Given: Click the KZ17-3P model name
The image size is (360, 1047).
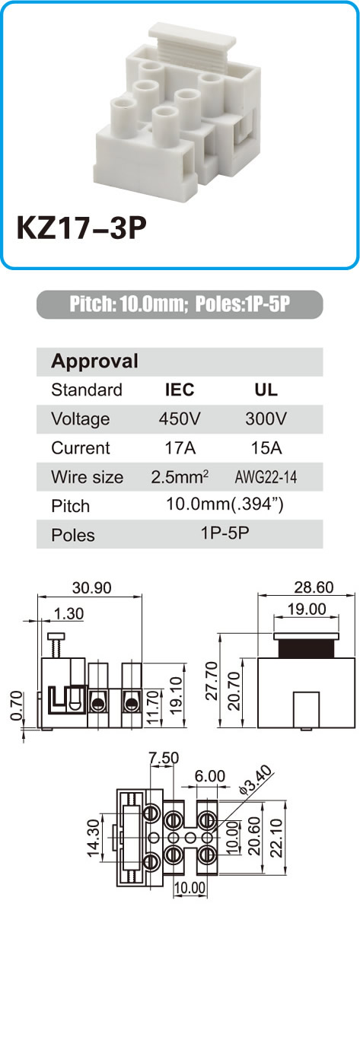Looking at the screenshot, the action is (x=81, y=228).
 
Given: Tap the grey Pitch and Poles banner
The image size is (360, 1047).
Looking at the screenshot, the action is (x=180, y=304).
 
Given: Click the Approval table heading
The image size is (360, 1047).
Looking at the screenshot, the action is (x=94, y=361).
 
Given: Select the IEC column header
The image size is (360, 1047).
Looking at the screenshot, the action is (x=180, y=390).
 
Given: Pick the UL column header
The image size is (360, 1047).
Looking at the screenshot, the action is (x=266, y=390).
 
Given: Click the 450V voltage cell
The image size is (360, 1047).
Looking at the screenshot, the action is (x=180, y=418).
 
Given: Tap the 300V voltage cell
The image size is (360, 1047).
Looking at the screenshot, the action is (x=266, y=418).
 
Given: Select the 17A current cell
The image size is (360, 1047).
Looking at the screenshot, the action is (x=180, y=447).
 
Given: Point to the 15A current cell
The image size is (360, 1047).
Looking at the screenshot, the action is (x=266, y=447).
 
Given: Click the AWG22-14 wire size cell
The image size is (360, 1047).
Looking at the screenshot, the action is (x=266, y=477).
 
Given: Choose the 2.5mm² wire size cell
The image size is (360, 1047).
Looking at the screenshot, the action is (x=180, y=476).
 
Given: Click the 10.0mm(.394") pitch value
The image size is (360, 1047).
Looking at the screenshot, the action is (x=225, y=504).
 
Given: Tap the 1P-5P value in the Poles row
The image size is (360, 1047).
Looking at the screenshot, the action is (x=225, y=533).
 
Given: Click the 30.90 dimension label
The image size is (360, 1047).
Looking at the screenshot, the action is (x=91, y=587).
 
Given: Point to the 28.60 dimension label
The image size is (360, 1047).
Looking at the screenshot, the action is (x=314, y=587).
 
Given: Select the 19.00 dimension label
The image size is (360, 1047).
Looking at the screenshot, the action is (x=307, y=609).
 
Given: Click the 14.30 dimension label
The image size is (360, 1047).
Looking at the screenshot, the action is (x=94, y=839).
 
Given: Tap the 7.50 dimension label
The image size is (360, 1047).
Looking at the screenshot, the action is (x=164, y=758).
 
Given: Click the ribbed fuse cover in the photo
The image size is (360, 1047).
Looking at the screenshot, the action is (x=192, y=43).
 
